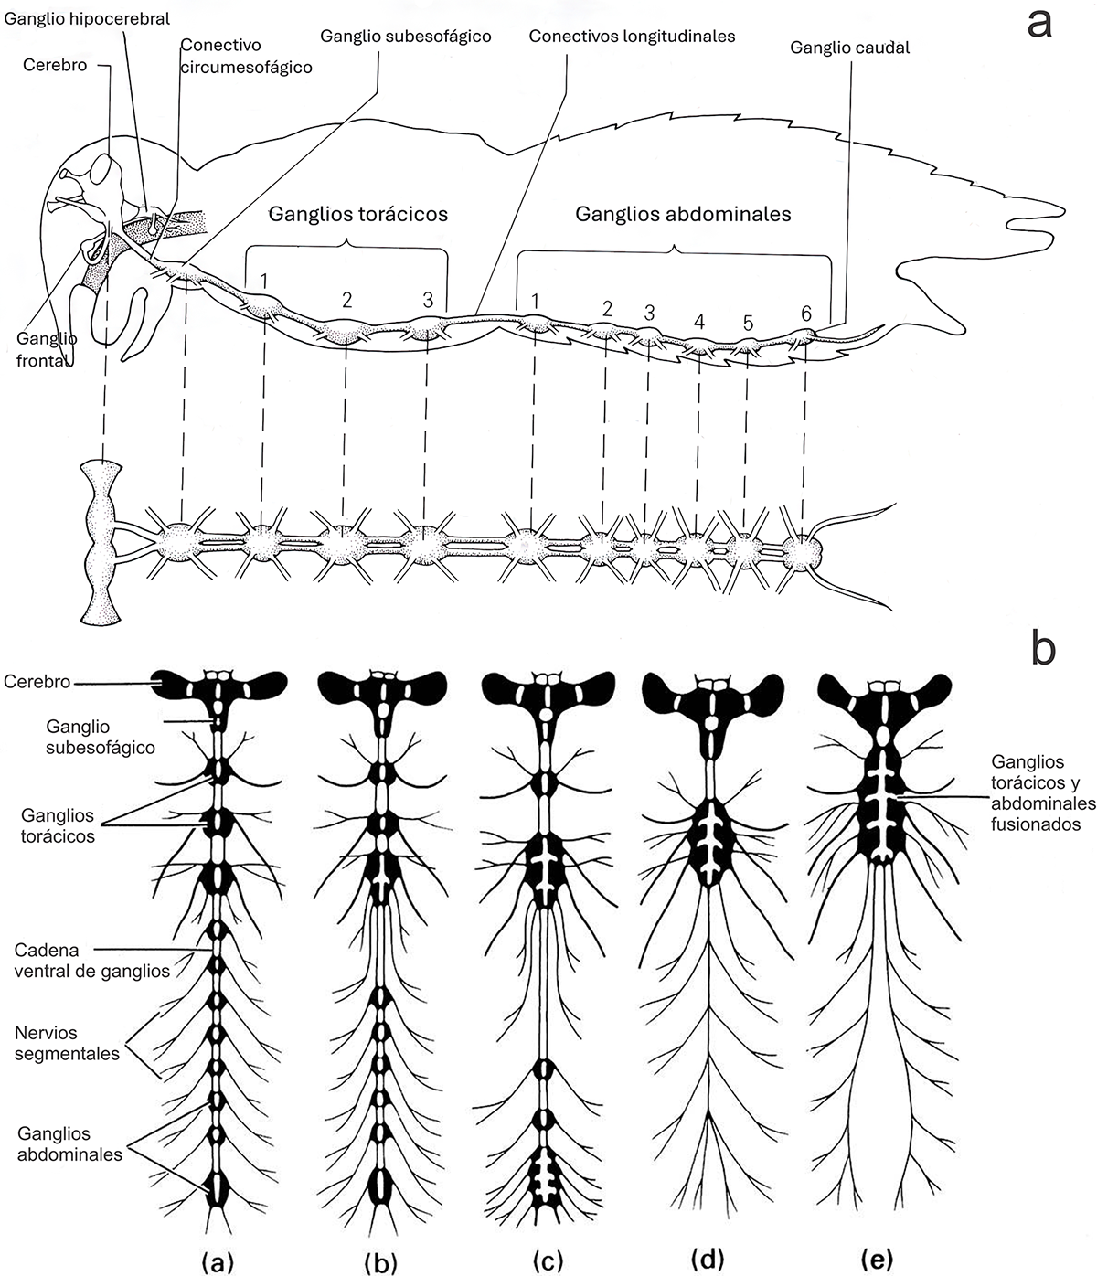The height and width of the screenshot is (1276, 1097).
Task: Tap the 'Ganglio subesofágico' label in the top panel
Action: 406,37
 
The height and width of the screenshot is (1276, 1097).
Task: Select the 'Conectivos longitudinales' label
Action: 633,37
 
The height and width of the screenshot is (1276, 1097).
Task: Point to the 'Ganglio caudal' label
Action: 850,48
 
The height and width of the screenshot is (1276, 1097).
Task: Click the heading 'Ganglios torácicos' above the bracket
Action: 358,214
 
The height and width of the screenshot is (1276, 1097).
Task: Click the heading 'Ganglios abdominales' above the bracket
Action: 683,214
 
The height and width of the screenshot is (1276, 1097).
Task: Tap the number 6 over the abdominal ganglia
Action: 806,314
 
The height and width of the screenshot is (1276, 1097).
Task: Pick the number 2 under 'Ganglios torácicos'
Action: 347,300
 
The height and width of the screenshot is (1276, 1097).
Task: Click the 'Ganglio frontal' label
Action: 46,347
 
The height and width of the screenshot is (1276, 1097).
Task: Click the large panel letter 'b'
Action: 1043,647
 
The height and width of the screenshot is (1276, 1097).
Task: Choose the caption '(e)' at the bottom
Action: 877,1262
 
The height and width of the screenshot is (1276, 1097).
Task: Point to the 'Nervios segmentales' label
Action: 67,1042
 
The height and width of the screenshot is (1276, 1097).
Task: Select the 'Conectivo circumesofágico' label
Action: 245,56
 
